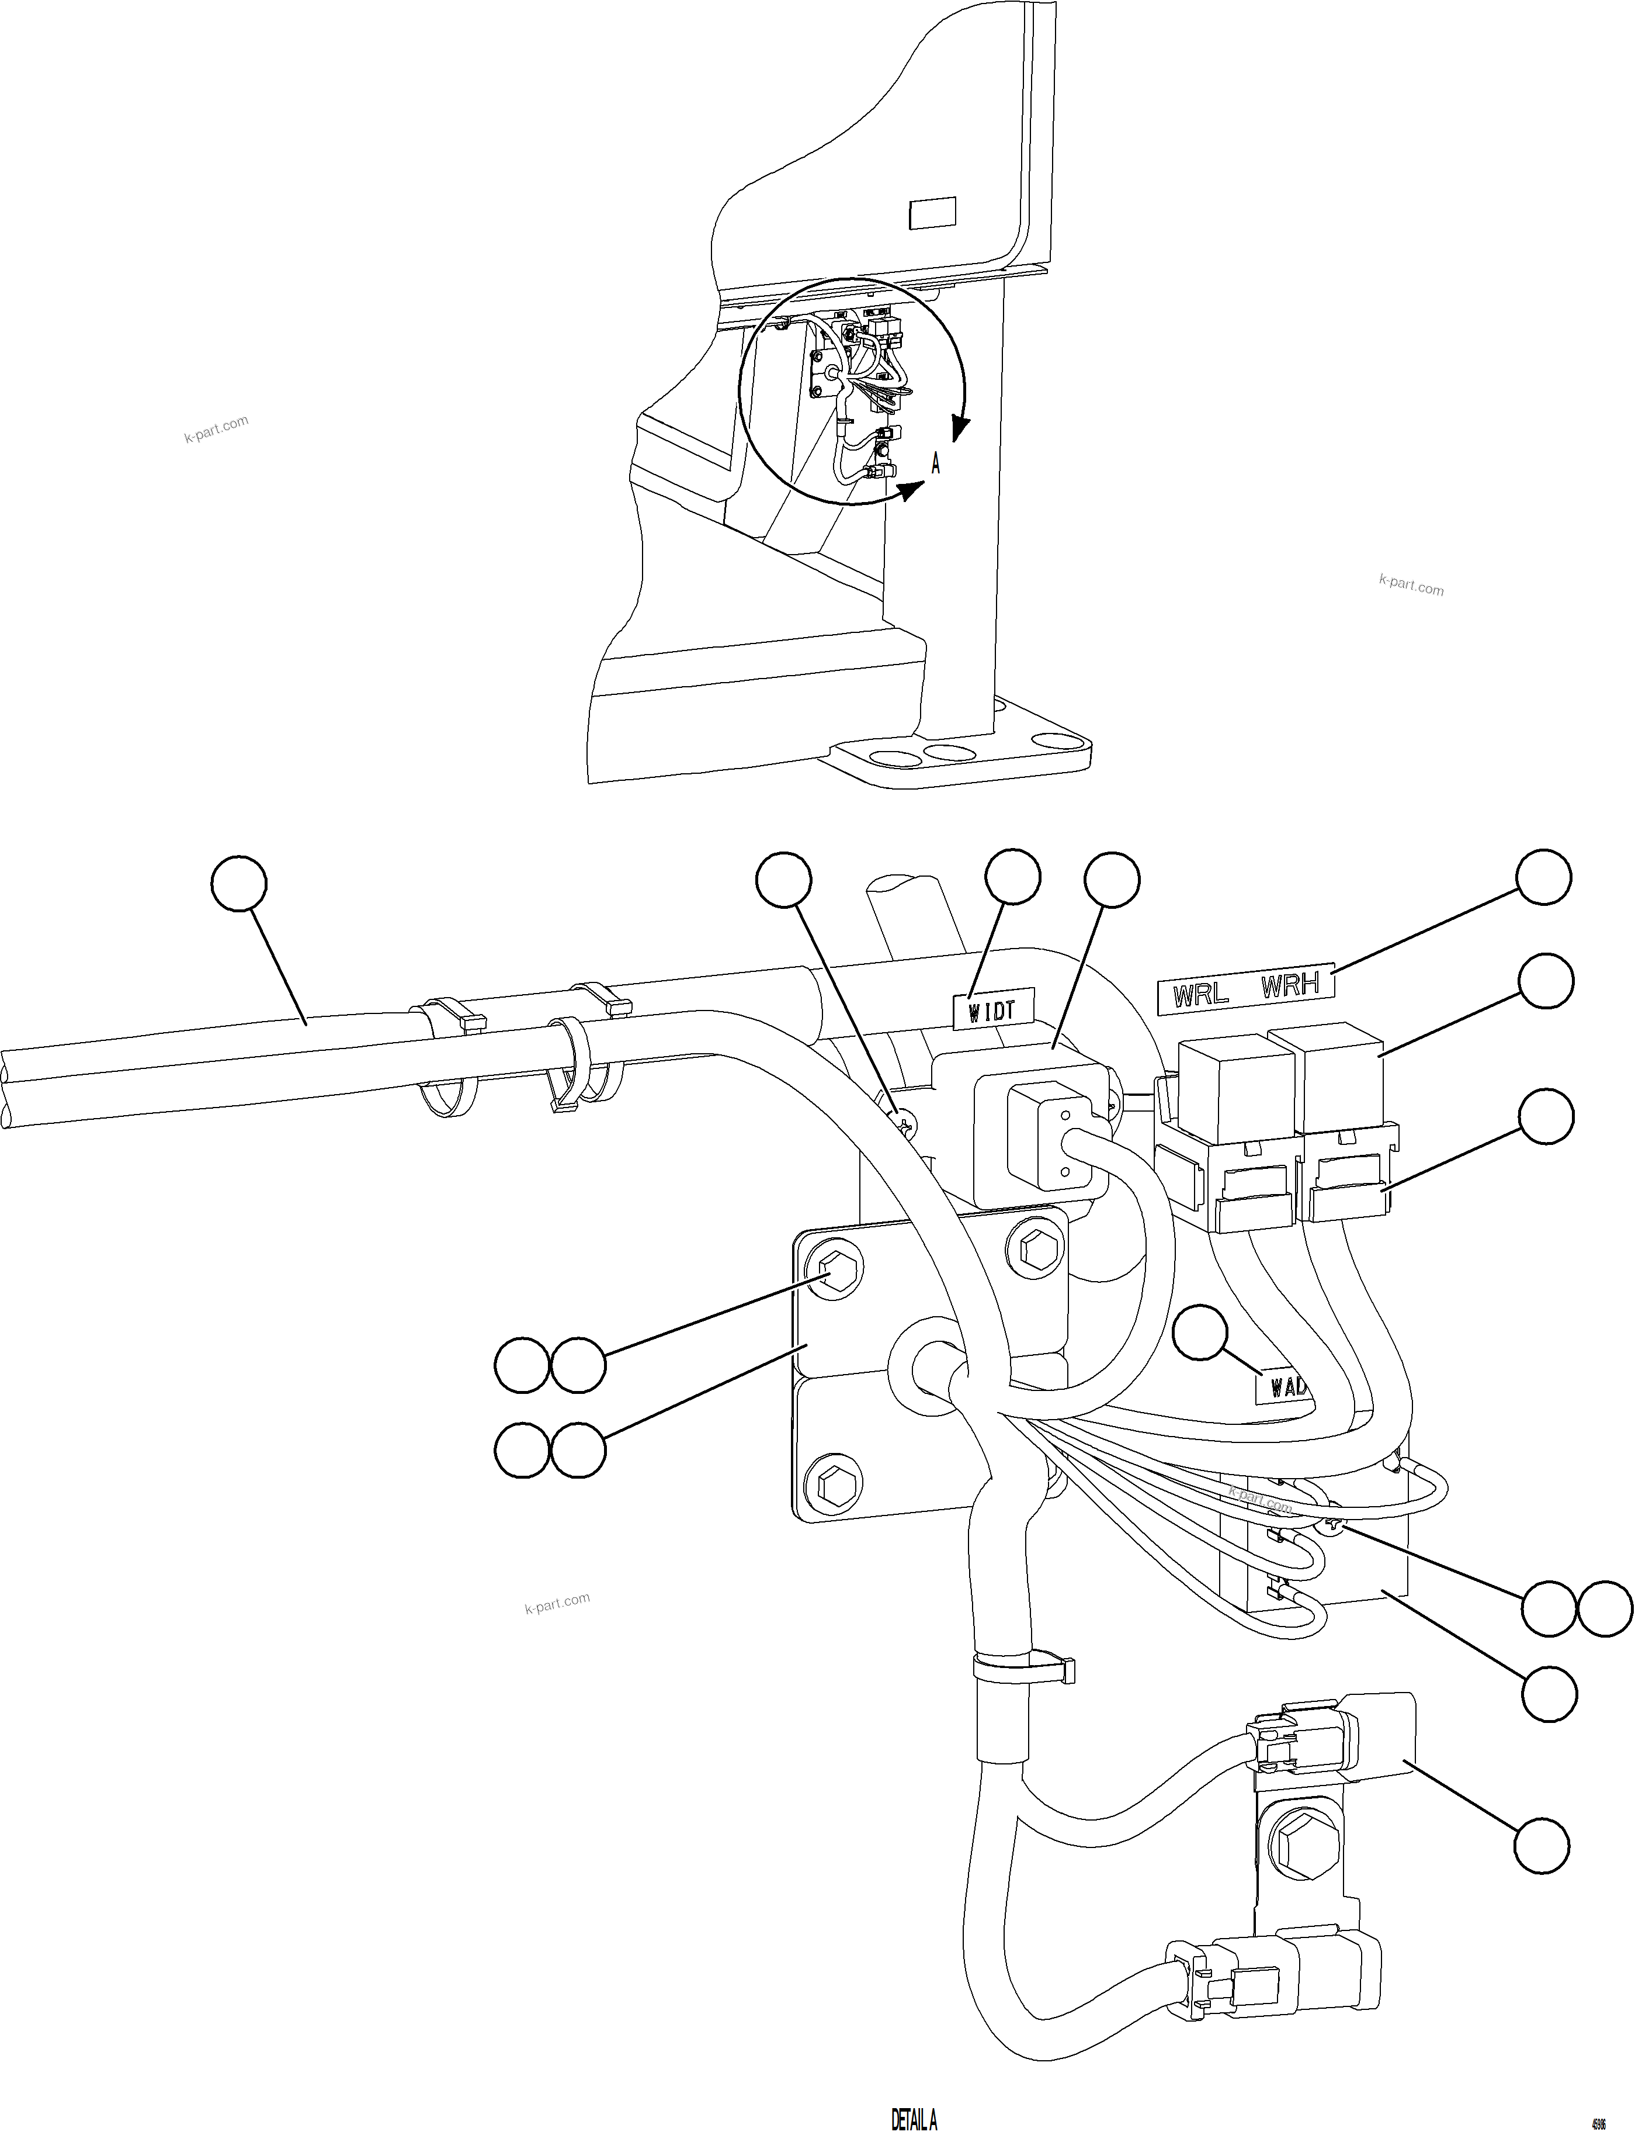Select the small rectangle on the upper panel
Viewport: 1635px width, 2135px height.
[x=931, y=213]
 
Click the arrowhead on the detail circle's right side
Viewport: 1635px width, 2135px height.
[x=960, y=427]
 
